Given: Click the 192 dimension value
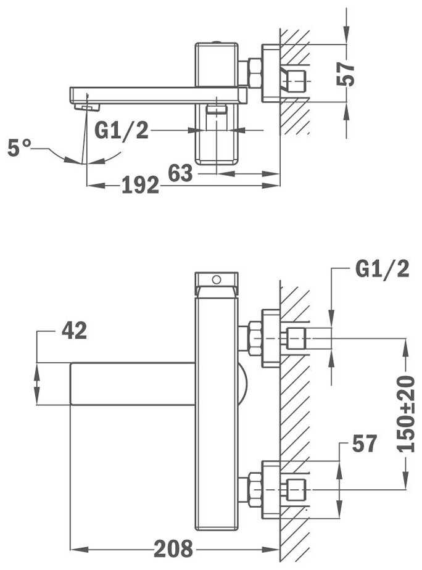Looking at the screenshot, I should [x=140, y=185].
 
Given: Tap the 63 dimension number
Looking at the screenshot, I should [x=181, y=174].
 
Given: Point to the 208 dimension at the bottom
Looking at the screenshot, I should [x=174, y=548].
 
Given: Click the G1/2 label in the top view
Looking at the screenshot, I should [x=122, y=131].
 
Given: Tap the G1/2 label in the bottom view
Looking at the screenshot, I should [x=383, y=269].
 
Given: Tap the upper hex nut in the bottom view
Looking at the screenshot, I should [x=254, y=338].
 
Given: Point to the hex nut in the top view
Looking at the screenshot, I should [x=254, y=72].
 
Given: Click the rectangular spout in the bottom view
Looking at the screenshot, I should [x=133, y=383].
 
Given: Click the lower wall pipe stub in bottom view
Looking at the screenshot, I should [x=295, y=490].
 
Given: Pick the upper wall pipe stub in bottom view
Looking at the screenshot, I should [x=295, y=338].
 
